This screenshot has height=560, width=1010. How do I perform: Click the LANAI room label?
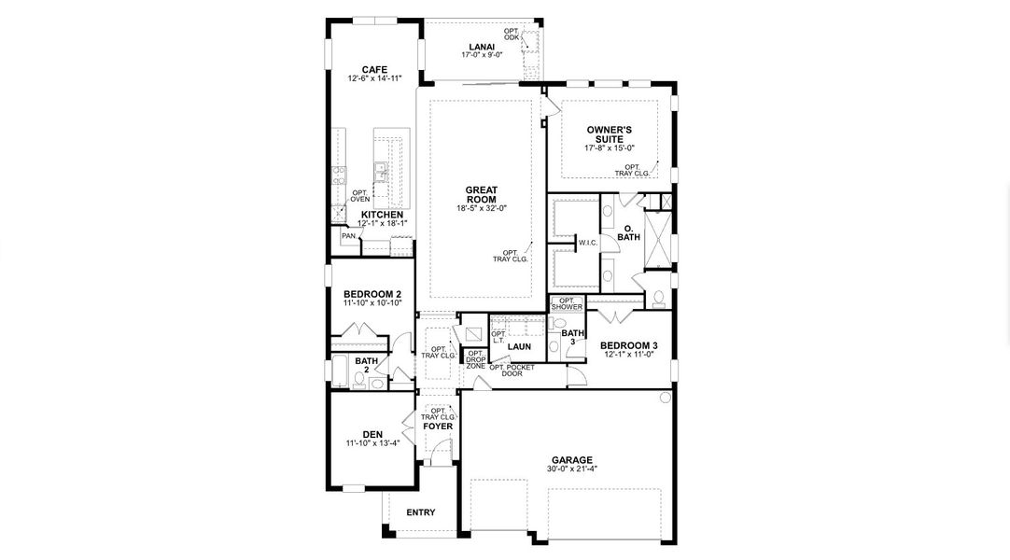pyautogui.click(x=482, y=47)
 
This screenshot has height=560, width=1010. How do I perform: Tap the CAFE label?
pyautogui.click(x=374, y=69)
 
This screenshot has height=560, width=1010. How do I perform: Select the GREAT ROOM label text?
pyautogui.click(x=482, y=194)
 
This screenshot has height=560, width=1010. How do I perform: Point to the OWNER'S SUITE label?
pyautogui.click(x=610, y=133)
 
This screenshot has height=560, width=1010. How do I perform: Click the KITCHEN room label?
pyautogui.click(x=382, y=215)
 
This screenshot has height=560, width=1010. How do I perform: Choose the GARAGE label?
pyautogui.click(x=572, y=460)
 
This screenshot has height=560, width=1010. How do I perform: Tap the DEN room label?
pyautogui.click(x=372, y=435)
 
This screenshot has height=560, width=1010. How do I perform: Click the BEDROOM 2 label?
pyautogui.click(x=372, y=294)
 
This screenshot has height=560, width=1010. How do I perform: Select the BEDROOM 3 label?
pyautogui.click(x=628, y=345)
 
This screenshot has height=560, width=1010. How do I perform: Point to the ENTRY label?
pyautogui.click(x=421, y=512)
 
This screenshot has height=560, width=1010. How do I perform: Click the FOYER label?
pyautogui.click(x=438, y=427)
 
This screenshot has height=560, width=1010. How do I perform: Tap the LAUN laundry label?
pyautogui.click(x=519, y=346)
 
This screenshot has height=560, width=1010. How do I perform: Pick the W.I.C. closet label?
pyautogui.click(x=588, y=243)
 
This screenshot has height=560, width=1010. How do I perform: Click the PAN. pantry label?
pyautogui.click(x=349, y=236)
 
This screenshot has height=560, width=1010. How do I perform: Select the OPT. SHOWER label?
pyautogui.click(x=567, y=304)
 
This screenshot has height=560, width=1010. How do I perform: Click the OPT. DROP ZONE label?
pyautogui.click(x=476, y=360)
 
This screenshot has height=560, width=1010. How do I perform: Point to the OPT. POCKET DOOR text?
pyautogui.click(x=512, y=371)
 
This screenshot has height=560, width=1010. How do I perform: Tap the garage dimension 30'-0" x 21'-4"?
pyautogui.click(x=572, y=469)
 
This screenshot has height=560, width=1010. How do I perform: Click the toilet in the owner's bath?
pyautogui.click(x=658, y=298)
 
